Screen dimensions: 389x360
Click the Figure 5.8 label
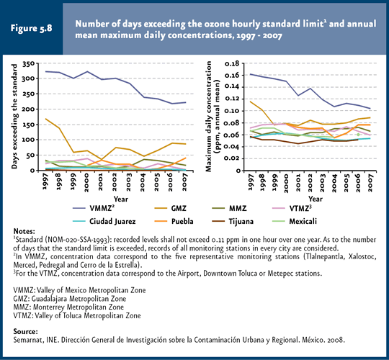[31, 28]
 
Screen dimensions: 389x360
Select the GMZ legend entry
[170, 208]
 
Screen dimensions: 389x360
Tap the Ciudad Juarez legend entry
[104, 221]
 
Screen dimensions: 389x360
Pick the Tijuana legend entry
[233, 221]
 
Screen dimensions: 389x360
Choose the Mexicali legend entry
[295, 221]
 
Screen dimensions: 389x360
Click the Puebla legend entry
[174, 221]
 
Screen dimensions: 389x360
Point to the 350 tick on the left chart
[29, 64]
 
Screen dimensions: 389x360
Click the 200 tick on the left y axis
[29, 109]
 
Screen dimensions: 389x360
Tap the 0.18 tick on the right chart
[232, 63]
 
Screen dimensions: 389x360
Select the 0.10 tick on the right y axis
[232, 111]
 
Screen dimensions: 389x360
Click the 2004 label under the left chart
[142, 182]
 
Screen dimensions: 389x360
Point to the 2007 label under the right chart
[370, 182]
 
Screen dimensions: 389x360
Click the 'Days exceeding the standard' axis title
[14, 117]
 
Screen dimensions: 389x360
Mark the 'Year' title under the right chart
[316, 199]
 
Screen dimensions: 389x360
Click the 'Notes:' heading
[24, 231]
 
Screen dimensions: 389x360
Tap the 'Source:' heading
[25, 331]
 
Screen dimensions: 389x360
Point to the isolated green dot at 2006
[358, 135]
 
